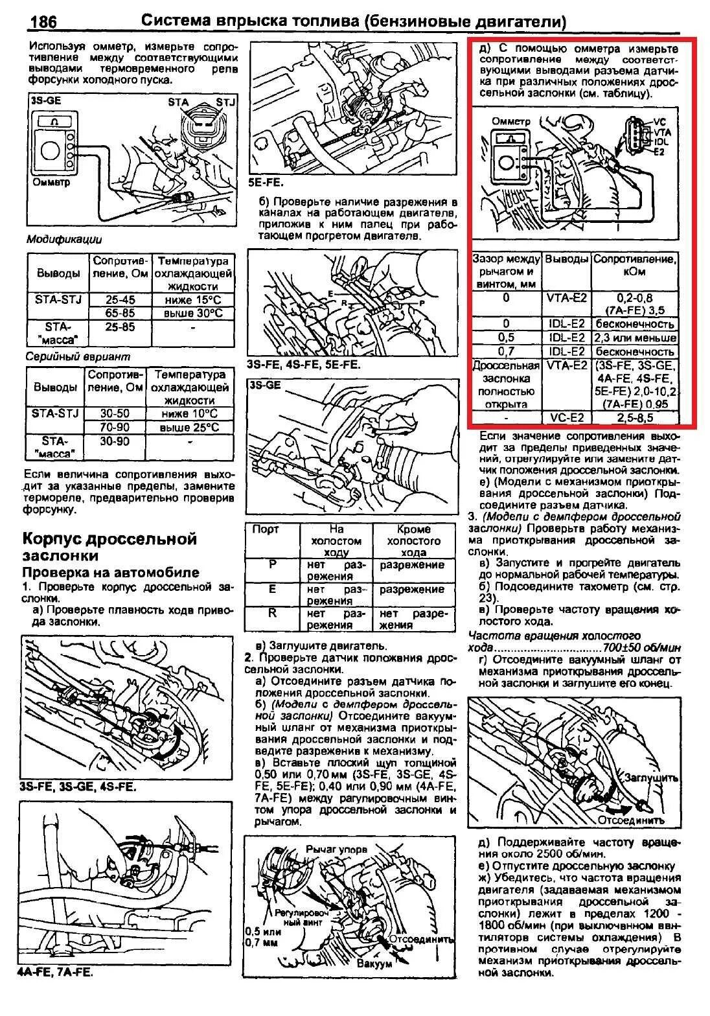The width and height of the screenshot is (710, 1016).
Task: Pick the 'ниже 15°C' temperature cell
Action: pyautogui.click(x=192, y=300)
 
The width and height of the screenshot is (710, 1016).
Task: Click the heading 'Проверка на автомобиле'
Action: pyautogui.click(x=111, y=572)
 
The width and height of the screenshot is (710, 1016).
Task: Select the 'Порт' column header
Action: pyautogui.click(x=265, y=529)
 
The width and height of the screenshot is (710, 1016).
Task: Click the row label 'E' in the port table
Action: pyautogui.click(x=272, y=589)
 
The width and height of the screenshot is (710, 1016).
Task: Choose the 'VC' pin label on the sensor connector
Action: pyautogui.click(x=659, y=122)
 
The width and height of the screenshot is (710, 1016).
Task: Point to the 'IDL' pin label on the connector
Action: pyautogui.click(x=661, y=141)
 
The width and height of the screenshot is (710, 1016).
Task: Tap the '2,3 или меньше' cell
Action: pyautogui.click(x=636, y=338)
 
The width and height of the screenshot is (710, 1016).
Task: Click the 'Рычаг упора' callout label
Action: pyautogui.click(x=336, y=849)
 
